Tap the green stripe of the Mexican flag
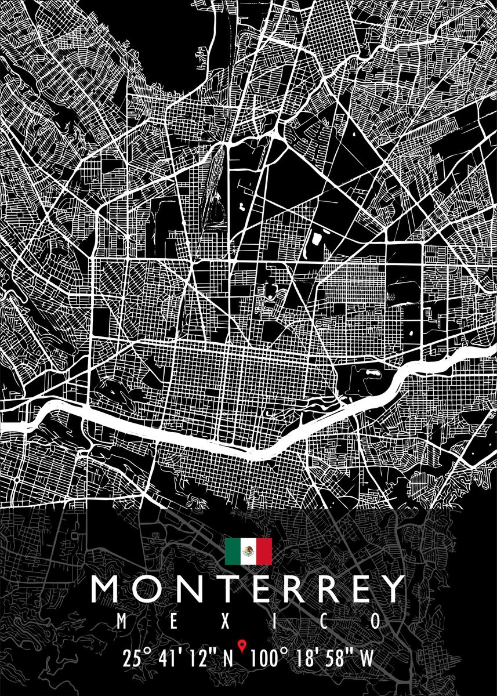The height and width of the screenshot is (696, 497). point(233,551)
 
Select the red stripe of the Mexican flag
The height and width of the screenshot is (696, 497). point(264,551)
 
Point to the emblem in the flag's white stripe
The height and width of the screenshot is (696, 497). point(248,551)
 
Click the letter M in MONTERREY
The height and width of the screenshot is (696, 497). point(107,589)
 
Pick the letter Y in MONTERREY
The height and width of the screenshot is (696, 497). point(390,589)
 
